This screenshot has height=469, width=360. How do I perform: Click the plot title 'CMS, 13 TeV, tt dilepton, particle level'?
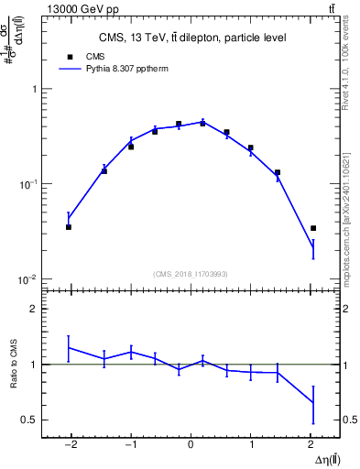[191, 38]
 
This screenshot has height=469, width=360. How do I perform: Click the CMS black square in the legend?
[69, 57]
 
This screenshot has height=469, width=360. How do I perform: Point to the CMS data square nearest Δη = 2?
[313, 228]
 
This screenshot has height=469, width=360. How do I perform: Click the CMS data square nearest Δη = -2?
[69, 226]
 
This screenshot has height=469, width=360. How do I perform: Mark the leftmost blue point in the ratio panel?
[69, 347]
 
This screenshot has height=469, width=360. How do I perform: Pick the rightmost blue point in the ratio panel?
[313, 402]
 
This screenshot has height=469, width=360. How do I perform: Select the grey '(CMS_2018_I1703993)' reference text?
[191, 274]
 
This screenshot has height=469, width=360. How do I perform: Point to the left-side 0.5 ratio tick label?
[28, 420]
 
